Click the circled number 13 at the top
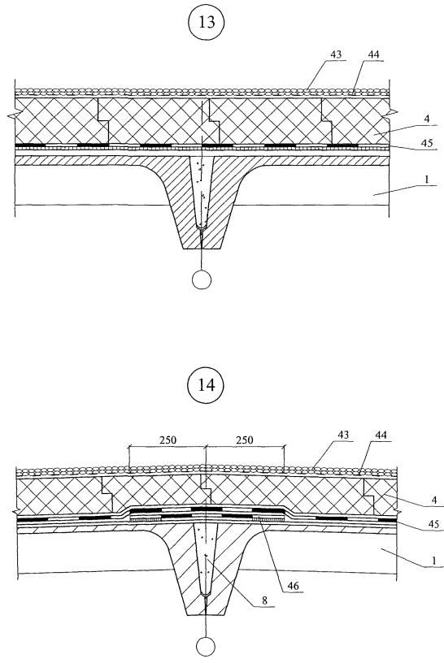click(x=207, y=23)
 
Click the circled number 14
click(x=206, y=385)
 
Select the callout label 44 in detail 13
click(x=373, y=54)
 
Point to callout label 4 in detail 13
click(x=427, y=119)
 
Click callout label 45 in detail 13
click(x=427, y=143)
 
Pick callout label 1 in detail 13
click(x=427, y=179)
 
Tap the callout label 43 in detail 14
click(x=343, y=435)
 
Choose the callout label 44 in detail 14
click(x=381, y=435)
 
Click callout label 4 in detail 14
click(x=434, y=500)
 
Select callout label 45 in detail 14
click(x=433, y=524)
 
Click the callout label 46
click(x=293, y=586)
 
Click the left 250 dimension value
click(x=168, y=440)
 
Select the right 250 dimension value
click(x=245, y=440)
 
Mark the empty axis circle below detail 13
click(x=202, y=279)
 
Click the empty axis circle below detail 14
click(x=206, y=646)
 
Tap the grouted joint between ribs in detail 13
click(x=202, y=190)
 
